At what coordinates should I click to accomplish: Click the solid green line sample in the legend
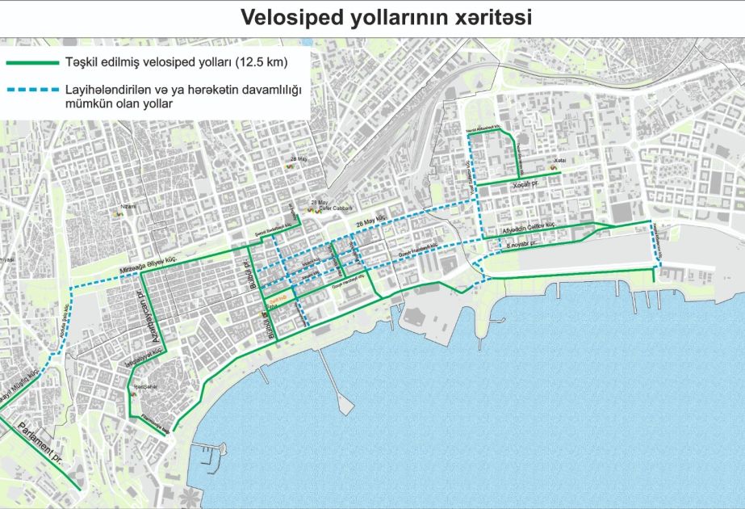click(x=32, y=62)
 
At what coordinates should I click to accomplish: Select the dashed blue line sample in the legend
click(x=32, y=90)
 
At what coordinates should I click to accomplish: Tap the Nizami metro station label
click(x=125, y=208)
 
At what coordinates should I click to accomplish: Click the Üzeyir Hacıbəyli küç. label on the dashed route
click(x=416, y=250)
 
